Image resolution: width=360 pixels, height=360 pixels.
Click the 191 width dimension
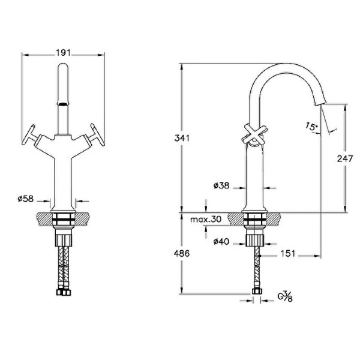pos(64,53)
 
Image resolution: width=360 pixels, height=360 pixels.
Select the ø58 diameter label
pos(26,199)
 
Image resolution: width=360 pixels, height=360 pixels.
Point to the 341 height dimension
pos(182,138)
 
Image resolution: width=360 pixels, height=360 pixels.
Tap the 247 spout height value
pos(344,158)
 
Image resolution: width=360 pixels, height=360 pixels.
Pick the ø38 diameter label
pos(221,185)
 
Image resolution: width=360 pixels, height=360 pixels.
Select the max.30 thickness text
pos(206,219)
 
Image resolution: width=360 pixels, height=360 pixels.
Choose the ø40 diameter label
pos(221,242)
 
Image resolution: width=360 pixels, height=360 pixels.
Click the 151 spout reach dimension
pos(287,254)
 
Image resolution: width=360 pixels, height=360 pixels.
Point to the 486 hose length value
pos(182,254)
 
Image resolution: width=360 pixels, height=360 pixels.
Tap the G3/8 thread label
pos(285,296)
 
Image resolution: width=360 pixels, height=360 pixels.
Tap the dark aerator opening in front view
pos(63,104)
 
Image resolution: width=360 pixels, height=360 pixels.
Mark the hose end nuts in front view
pos(64,292)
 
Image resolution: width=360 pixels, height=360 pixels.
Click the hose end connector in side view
pos(257,291)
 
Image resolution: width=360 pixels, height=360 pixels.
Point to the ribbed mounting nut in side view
pos(255,241)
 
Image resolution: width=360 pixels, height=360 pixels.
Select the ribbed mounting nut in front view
pos(64,241)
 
